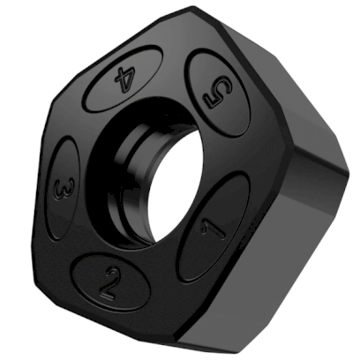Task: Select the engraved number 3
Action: pyautogui.click(x=63, y=189)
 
